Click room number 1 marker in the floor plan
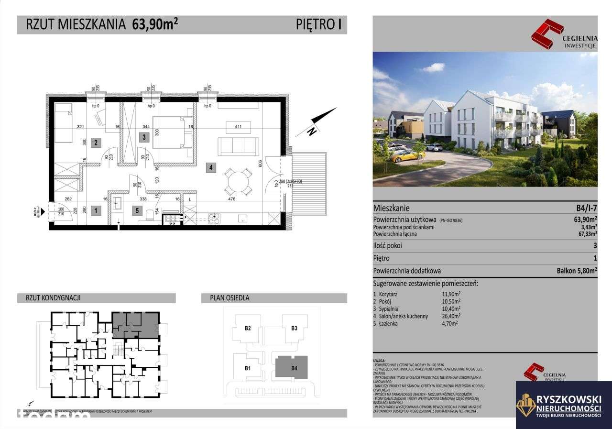(96, 209)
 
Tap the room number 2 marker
(96, 142)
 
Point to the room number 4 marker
(210, 167)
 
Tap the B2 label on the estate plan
(248, 328)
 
